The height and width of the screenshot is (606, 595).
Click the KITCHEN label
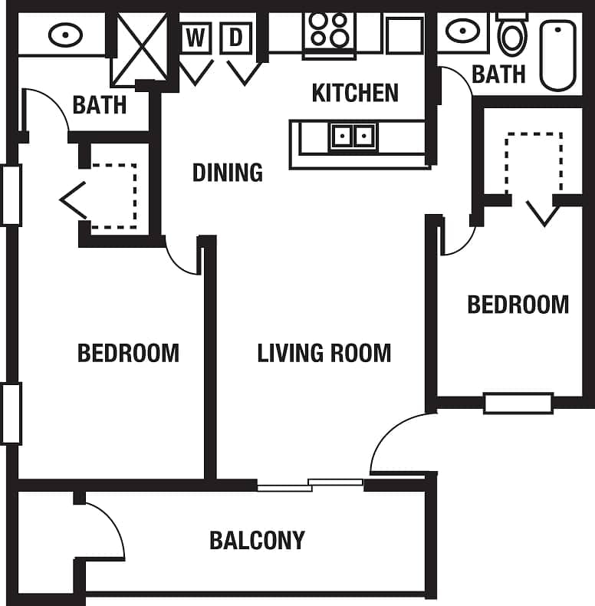click(x=355, y=93)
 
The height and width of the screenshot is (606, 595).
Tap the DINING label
click(x=227, y=172)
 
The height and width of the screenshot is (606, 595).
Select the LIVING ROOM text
click(x=324, y=353)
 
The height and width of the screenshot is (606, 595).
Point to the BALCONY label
click(x=257, y=540)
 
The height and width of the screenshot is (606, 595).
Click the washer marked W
click(x=196, y=38)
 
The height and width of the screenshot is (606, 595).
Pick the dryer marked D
click(x=236, y=38)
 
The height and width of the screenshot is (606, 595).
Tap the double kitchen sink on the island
click(x=353, y=137)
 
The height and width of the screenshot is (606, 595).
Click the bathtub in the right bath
click(x=557, y=54)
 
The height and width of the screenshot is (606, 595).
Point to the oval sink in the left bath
click(x=65, y=34)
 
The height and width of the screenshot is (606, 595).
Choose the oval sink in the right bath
click(x=462, y=31)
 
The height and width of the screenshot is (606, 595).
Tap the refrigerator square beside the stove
click(x=404, y=35)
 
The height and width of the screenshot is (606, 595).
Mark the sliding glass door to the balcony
click(x=311, y=485)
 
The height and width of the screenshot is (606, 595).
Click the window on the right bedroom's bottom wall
click(x=518, y=403)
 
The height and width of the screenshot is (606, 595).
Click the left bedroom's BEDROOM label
click(x=128, y=353)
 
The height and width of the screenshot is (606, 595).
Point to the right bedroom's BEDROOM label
click(x=518, y=305)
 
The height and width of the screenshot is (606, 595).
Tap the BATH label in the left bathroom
click(x=100, y=104)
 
